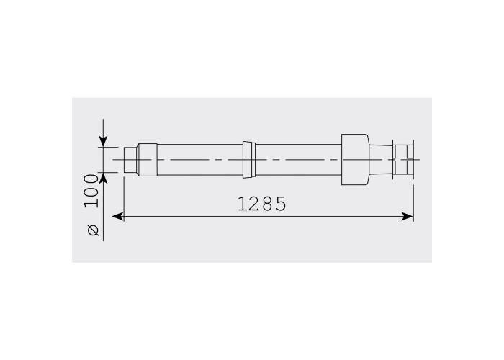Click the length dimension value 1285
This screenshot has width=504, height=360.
pos(261,204)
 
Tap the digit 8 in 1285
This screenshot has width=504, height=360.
pos(267,204)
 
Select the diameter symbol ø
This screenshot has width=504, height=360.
pos(93,230)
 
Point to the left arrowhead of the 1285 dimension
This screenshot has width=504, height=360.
pos(117,216)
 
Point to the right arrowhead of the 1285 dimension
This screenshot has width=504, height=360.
pos(408,216)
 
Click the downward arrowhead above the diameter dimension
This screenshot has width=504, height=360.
pos(103,141)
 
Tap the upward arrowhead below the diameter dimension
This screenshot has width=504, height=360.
pos(103,178)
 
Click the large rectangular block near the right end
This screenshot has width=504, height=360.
pos(355,159)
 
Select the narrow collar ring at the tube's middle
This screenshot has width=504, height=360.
pos(249,159)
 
